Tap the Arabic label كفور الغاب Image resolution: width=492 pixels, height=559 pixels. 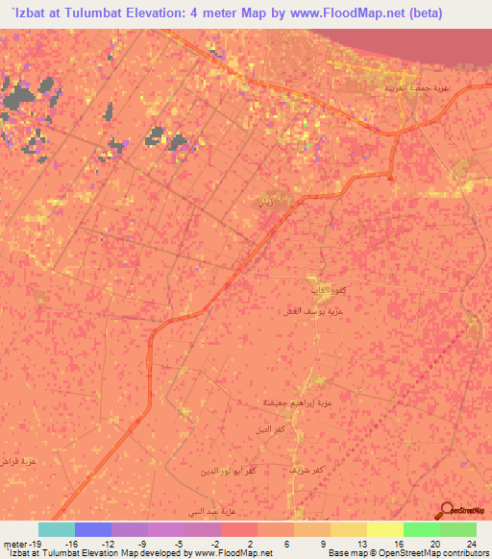tap(300, 289)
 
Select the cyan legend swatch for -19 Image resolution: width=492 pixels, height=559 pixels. tap(56, 529)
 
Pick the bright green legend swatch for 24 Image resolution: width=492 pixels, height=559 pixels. tap(457, 529)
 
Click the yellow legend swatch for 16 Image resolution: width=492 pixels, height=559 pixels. tap(384, 529)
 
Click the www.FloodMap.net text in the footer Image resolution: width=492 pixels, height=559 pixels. tap(231, 552)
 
